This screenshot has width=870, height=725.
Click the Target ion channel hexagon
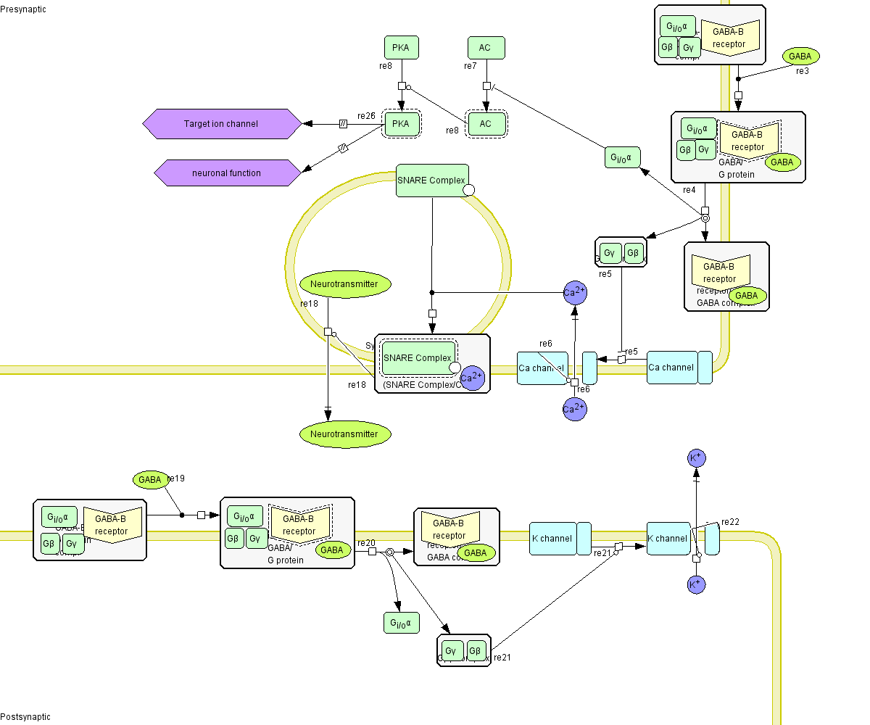221,124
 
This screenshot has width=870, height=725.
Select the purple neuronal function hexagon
227,173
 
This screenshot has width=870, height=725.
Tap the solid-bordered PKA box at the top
401,48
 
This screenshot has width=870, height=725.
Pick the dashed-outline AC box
485,124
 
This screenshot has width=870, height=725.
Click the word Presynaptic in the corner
21,7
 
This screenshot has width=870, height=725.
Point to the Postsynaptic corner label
25,717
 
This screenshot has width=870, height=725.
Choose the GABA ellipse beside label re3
800,56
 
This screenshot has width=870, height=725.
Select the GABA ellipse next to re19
149,479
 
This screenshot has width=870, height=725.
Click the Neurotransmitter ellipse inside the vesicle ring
345,284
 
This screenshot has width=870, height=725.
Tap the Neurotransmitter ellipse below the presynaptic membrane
344,434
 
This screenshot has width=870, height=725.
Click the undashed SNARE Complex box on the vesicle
432,181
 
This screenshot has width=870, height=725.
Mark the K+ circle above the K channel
696,458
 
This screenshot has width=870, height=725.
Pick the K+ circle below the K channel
696,584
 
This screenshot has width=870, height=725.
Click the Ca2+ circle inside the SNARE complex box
472,378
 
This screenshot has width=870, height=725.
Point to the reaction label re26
366,116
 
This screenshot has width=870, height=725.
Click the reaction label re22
730,522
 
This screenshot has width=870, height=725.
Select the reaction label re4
689,190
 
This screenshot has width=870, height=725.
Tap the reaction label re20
366,543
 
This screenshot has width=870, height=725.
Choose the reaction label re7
470,66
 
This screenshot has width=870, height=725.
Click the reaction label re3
802,71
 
